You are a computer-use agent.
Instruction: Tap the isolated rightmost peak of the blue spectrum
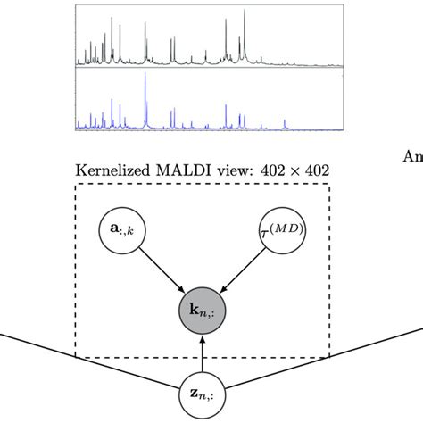click(x=285, y=121)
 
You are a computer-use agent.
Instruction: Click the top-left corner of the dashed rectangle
click(x=76, y=185)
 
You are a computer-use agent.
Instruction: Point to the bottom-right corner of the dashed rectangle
click(x=329, y=358)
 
